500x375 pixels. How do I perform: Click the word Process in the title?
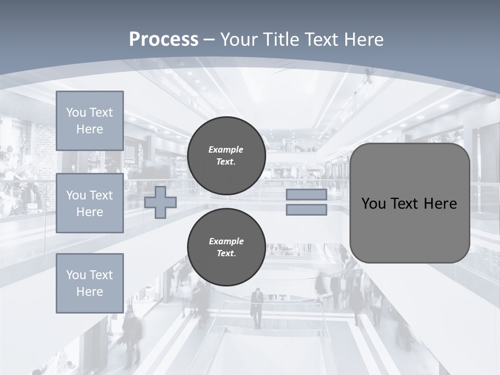point(164,40)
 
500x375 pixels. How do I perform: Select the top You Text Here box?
point(90,121)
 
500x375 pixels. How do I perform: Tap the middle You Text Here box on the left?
point(90,203)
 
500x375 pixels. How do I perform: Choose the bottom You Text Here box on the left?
point(90,283)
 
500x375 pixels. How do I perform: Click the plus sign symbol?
point(160,202)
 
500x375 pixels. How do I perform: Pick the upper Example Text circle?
point(227,156)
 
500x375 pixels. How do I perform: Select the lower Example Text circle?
point(227,247)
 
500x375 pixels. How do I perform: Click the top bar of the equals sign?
point(306,195)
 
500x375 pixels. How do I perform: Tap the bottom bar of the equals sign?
point(306,210)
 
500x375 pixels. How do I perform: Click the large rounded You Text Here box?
point(409,203)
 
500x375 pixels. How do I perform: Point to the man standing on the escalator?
point(257,307)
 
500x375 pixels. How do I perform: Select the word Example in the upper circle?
point(226,149)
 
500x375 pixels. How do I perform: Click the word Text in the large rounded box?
point(404,204)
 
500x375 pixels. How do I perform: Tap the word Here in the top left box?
point(90,129)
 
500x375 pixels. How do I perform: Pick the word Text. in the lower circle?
point(227,254)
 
